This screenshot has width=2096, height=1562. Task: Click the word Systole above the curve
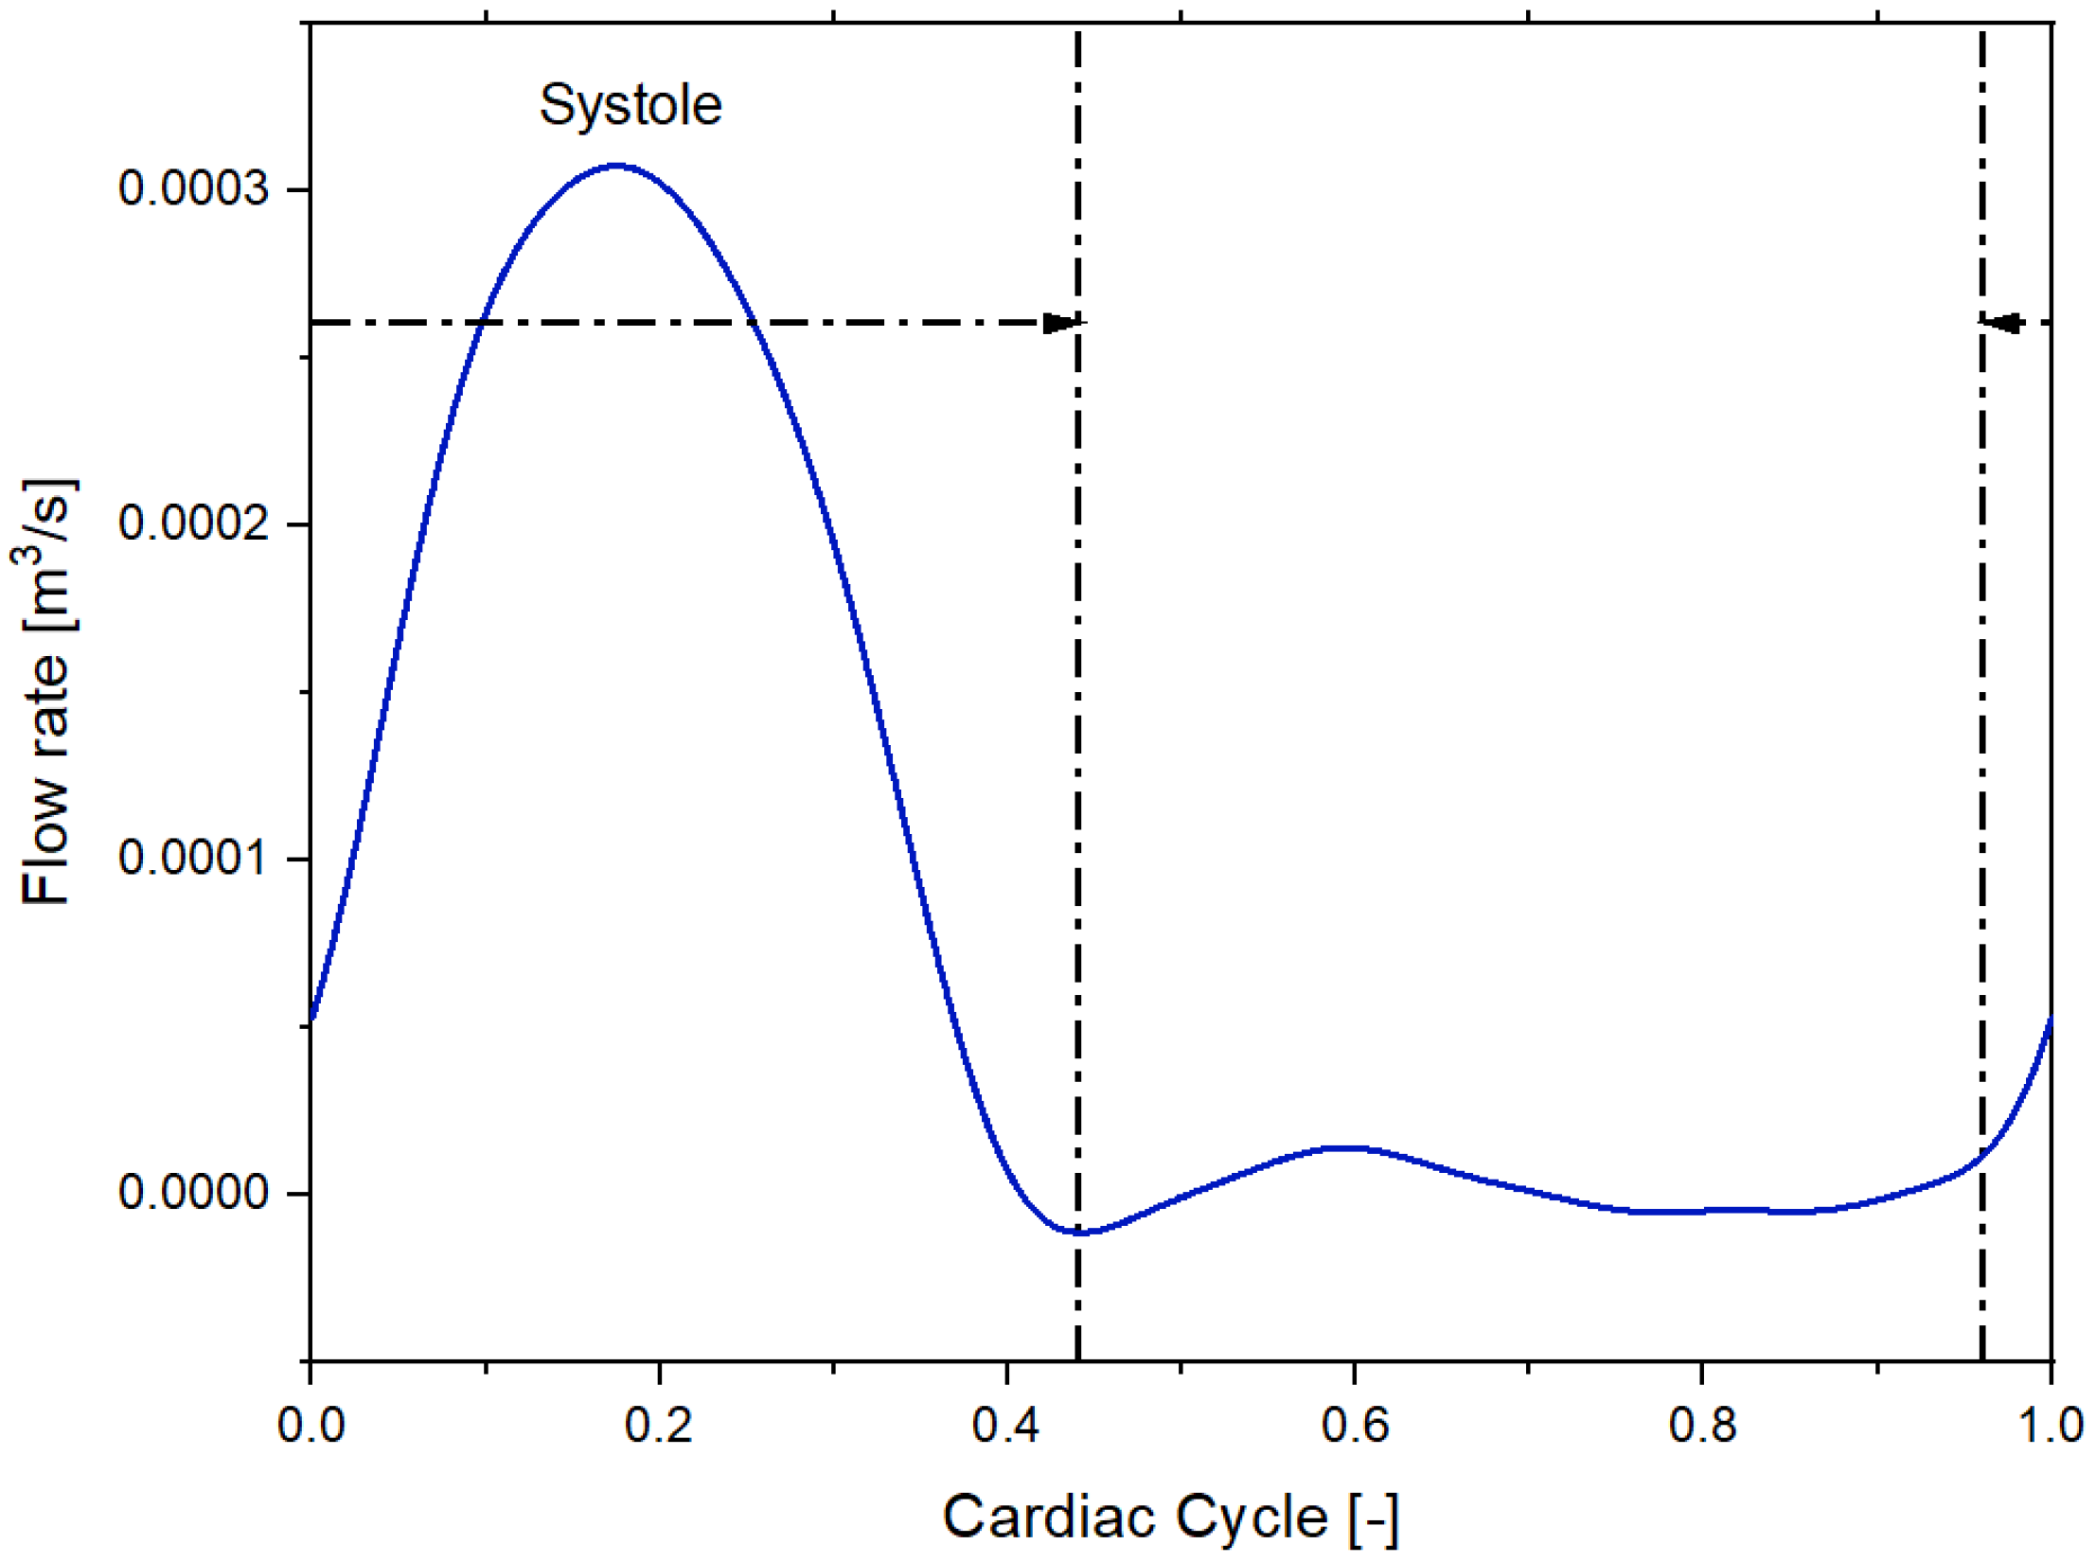click(631, 104)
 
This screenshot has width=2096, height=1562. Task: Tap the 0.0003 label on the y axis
click(193, 188)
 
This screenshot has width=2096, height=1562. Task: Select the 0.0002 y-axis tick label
click(193, 523)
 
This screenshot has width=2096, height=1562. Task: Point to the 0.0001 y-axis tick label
click(193, 858)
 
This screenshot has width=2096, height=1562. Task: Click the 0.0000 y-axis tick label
click(193, 1192)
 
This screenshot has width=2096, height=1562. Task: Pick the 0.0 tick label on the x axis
click(311, 1426)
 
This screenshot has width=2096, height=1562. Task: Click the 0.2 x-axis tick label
click(658, 1426)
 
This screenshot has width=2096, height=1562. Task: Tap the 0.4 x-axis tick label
click(1005, 1426)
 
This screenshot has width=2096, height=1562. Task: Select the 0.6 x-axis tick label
click(1355, 1426)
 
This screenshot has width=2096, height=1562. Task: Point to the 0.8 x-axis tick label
click(1702, 1426)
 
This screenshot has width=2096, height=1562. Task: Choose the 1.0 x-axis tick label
click(2051, 1426)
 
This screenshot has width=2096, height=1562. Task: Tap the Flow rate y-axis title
click(47, 691)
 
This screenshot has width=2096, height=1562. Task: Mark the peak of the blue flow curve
click(616, 166)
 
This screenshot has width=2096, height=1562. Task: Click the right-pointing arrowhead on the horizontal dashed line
click(1061, 323)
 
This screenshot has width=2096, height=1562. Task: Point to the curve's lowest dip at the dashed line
click(1080, 1233)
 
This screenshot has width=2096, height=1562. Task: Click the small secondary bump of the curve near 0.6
click(1346, 1147)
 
